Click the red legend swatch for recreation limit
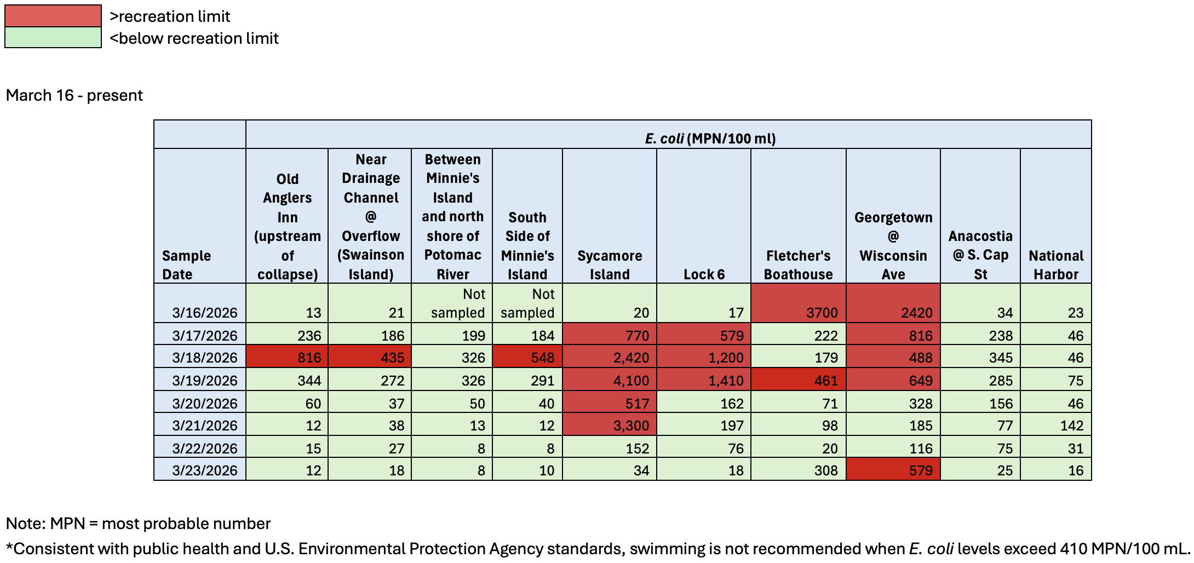click(x=53, y=16)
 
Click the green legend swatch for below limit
click(x=53, y=38)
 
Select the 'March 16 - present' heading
click(x=74, y=95)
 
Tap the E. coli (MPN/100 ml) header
click(x=710, y=138)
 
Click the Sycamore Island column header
click(x=609, y=265)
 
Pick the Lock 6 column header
click(x=704, y=274)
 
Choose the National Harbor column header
click(x=1055, y=265)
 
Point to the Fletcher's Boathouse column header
click(x=798, y=265)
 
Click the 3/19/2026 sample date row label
click(x=204, y=380)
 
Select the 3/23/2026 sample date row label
click(x=204, y=470)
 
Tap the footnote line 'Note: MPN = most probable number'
click(x=138, y=524)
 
